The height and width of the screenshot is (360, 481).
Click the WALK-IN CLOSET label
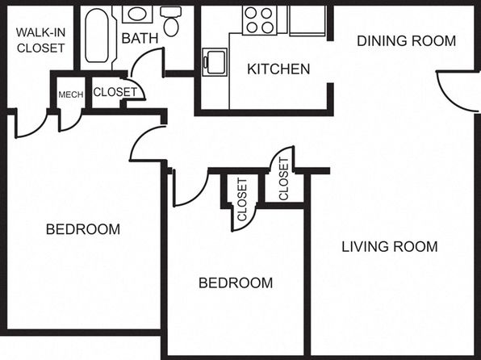[x=41, y=40]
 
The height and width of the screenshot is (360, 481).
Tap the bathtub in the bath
[x=97, y=36]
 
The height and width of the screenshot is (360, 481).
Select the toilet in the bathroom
[x=171, y=21]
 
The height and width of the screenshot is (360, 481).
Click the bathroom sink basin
[x=137, y=14]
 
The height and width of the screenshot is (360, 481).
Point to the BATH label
[x=140, y=39]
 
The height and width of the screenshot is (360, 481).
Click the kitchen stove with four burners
[x=260, y=20]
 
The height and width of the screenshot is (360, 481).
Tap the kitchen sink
[x=215, y=62]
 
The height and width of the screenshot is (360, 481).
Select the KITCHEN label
[x=278, y=69]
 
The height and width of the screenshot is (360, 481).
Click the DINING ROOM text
[x=407, y=41]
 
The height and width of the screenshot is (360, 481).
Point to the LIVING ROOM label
[x=390, y=247]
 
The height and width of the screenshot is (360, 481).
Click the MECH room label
[x=71, y=94]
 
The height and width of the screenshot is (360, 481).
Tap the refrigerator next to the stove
[x=307, y=20]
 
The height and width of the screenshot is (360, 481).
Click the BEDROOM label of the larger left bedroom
[x=83, y=229]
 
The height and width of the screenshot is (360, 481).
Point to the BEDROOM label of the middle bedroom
[x=236, y=283]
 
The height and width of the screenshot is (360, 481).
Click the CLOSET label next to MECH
[x=115, y=92]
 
